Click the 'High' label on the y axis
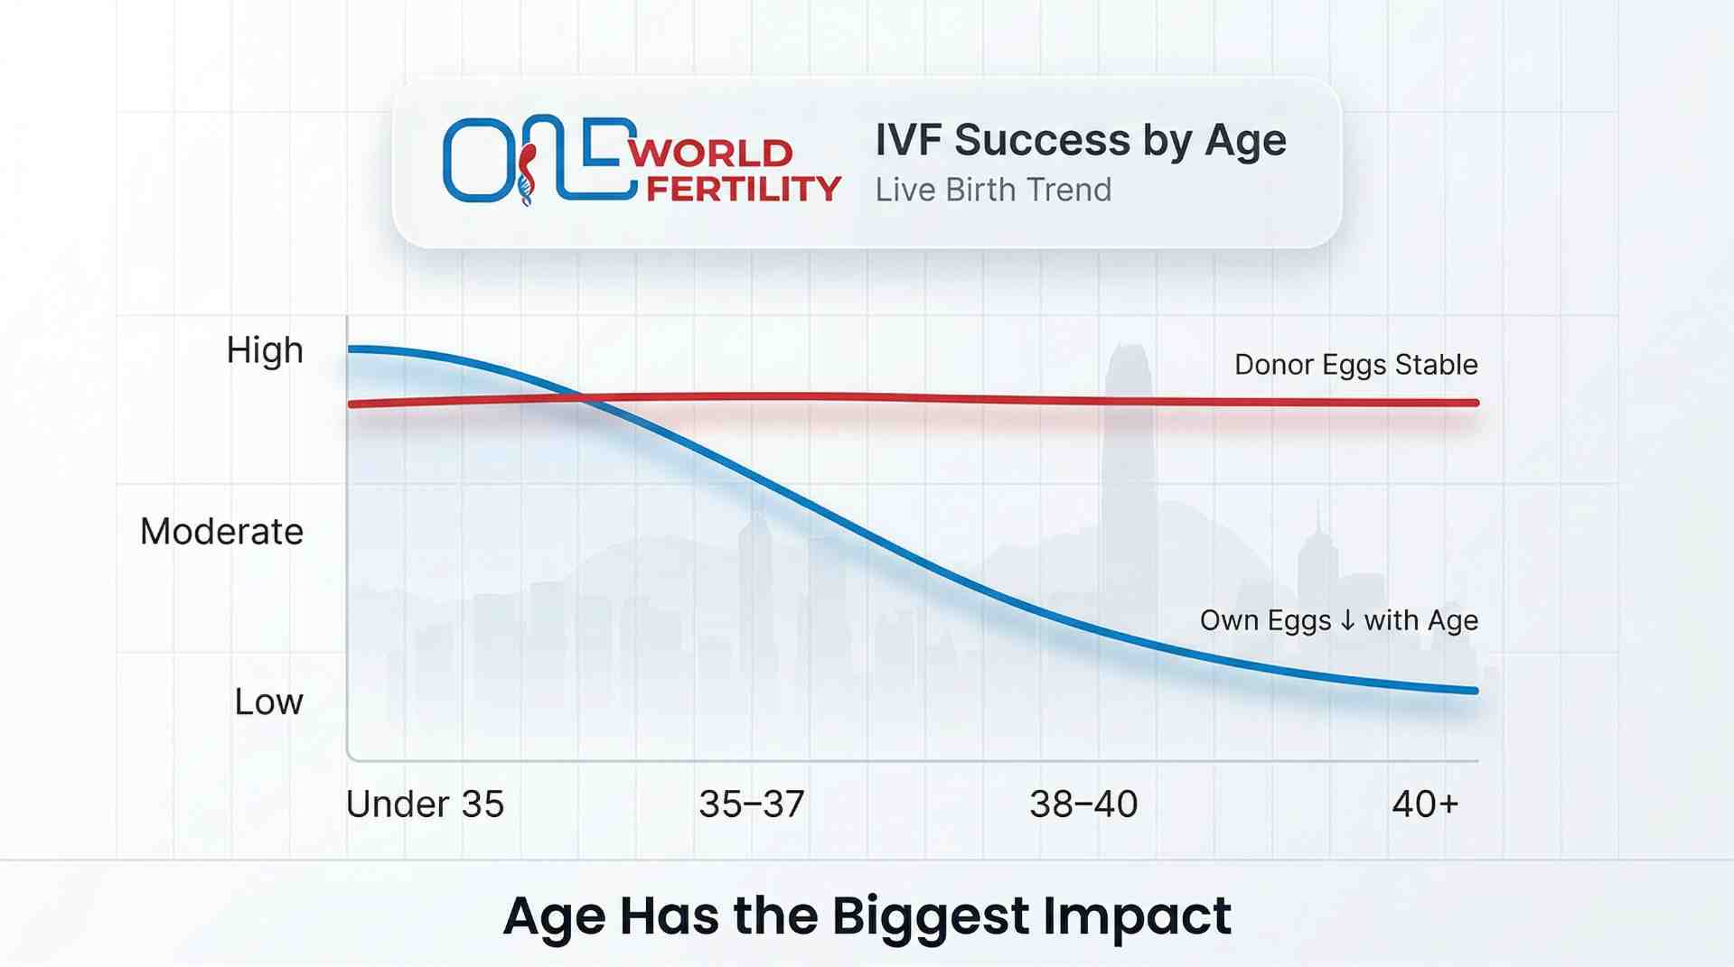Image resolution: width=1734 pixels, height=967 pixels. click(265, 350)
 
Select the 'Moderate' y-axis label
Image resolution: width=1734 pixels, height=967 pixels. click(221, 531)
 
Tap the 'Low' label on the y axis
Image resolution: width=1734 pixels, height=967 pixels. click(268, 702)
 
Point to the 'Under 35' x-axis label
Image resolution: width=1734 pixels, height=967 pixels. click(425, 804)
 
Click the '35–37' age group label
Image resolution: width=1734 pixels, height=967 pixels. click(752, 804)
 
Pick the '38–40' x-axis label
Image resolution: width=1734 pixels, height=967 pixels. click(1083, 804)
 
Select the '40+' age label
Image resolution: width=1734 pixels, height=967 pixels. click(1425, 804)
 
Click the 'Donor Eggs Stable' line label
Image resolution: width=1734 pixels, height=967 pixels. click(1355, 365)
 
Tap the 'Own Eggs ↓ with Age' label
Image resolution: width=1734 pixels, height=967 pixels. click(1338, 620)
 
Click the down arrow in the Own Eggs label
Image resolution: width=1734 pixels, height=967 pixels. click(1347, 620)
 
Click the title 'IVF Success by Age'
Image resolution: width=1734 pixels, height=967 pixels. click(1080, 141)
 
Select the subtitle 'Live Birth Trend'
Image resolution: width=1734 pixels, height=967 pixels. click(993, 191)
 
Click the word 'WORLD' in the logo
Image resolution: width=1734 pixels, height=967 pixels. click(710, 153)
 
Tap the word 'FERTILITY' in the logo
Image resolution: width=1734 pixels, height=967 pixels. click(744, 189)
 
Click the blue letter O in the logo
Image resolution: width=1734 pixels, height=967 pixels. click(476, 160)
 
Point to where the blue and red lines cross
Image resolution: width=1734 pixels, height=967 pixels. click(583, 398)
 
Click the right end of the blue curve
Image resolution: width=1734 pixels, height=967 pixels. click(1475, 691)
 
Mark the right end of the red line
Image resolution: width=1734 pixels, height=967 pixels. click(1476, 403)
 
